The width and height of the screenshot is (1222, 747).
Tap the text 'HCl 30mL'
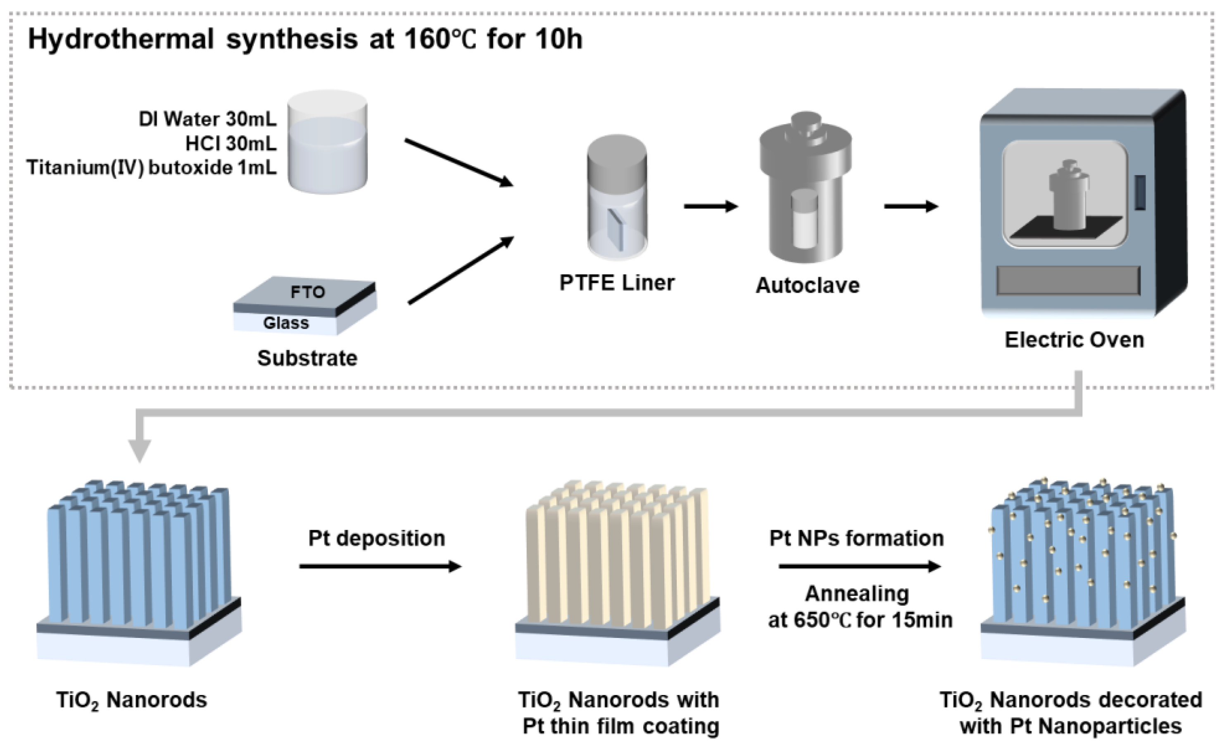(231, 144)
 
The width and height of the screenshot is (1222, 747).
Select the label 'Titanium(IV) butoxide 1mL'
(151, 168)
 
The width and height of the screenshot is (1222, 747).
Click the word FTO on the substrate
(307, 292)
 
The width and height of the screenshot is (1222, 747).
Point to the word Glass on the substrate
(286, 323)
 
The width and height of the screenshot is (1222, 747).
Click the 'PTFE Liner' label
(616, 283)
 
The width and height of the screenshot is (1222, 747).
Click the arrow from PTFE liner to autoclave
(710, 206)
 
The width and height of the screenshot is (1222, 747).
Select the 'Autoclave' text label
(807, 285)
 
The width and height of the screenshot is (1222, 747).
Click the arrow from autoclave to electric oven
(911, 206)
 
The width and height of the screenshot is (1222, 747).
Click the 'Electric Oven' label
(1074, 340)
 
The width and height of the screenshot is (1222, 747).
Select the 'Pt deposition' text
(376, 538)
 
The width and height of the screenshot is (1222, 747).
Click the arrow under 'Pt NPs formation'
(859, 566)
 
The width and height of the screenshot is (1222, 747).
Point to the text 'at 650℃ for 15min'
(860, 620)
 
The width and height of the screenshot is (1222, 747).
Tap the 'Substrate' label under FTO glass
(307, 358)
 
